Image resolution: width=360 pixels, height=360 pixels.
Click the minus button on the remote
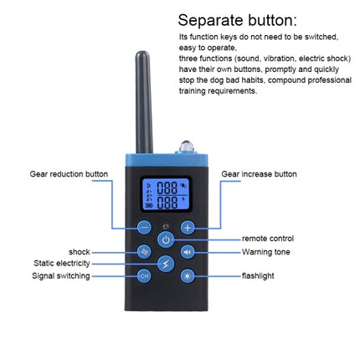[144, 227]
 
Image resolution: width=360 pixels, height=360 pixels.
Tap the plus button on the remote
[188, 227]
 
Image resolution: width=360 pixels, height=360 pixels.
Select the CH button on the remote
[144, 275]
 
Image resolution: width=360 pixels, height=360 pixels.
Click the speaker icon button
[188, 251]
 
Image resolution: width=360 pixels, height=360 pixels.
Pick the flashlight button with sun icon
[188, 275]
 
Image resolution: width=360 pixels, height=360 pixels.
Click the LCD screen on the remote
[166, 196]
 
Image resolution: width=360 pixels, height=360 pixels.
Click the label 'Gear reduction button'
[69, 174]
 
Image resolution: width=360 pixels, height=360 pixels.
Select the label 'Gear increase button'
[259, 174]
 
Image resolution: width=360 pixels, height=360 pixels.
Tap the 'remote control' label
[268, 239]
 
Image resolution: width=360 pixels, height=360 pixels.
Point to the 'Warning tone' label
[265, 251]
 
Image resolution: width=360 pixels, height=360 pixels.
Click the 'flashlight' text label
[260, 275]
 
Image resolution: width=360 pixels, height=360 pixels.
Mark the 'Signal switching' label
[61, 275]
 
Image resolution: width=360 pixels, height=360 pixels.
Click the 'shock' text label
[79, 251]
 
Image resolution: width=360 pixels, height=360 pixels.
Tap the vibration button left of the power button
[144, 251]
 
